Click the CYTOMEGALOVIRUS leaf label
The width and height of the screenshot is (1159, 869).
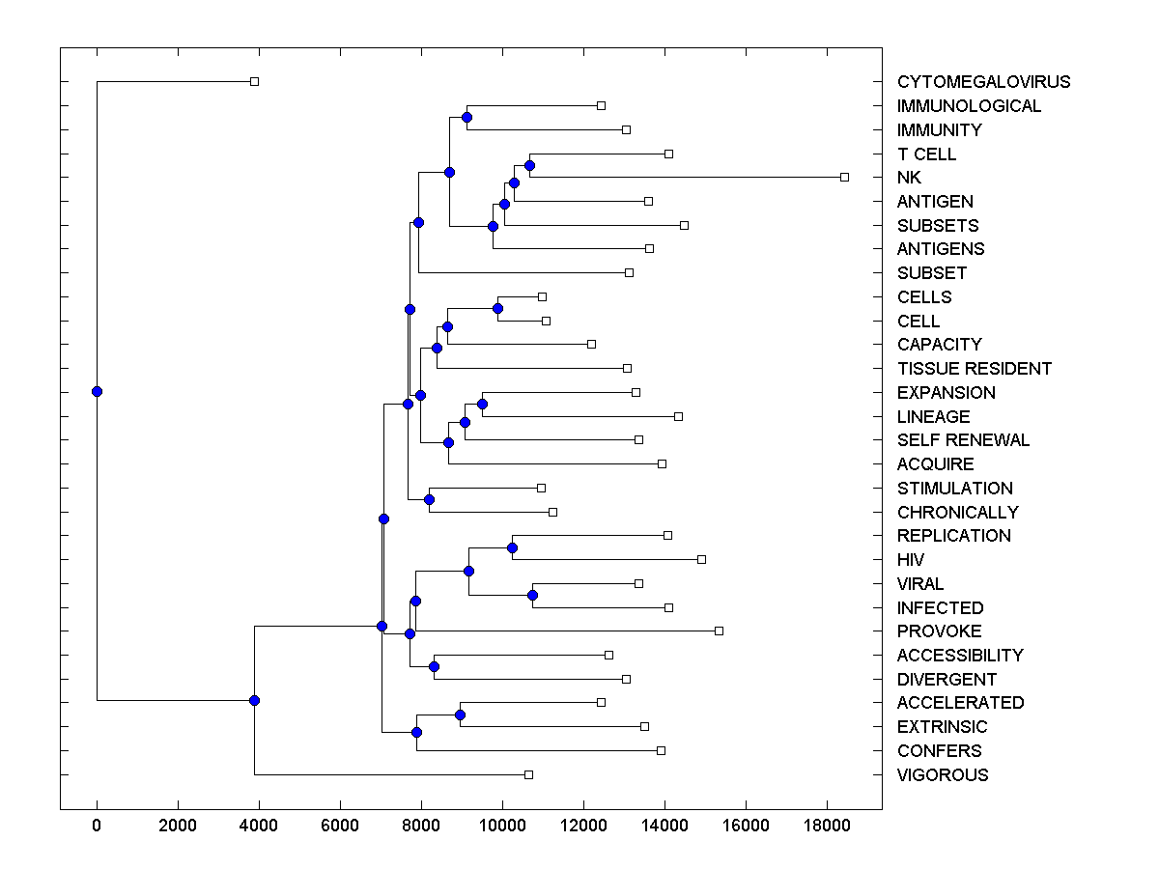(983, 82)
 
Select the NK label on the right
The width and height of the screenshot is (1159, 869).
(909, 178)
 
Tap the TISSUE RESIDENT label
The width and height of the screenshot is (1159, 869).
(974, 369)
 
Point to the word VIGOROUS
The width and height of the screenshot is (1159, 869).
(942, 775)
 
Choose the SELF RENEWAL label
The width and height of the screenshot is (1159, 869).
(963, 440)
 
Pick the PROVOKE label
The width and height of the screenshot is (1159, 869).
(939, 631)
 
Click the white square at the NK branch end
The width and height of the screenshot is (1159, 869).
(844, 177)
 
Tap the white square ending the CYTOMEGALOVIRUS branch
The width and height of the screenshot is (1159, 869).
(254, 81)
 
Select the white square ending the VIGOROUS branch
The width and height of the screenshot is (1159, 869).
(528, 774)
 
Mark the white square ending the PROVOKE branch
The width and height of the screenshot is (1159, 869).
(719, 631)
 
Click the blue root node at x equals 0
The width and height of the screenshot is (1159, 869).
(97, 391)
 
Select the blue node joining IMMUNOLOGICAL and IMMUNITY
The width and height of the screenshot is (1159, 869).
(466, 117)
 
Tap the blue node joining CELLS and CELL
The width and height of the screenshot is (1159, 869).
(497, 308)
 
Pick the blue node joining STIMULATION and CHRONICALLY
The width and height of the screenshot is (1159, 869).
(429, 499)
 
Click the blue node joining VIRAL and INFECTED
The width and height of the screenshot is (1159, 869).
(532, 595)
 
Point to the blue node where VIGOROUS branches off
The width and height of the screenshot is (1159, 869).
(254, 700)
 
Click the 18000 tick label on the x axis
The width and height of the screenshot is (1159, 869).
(826, 824)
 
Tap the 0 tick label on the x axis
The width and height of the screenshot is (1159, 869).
(97, 824)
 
